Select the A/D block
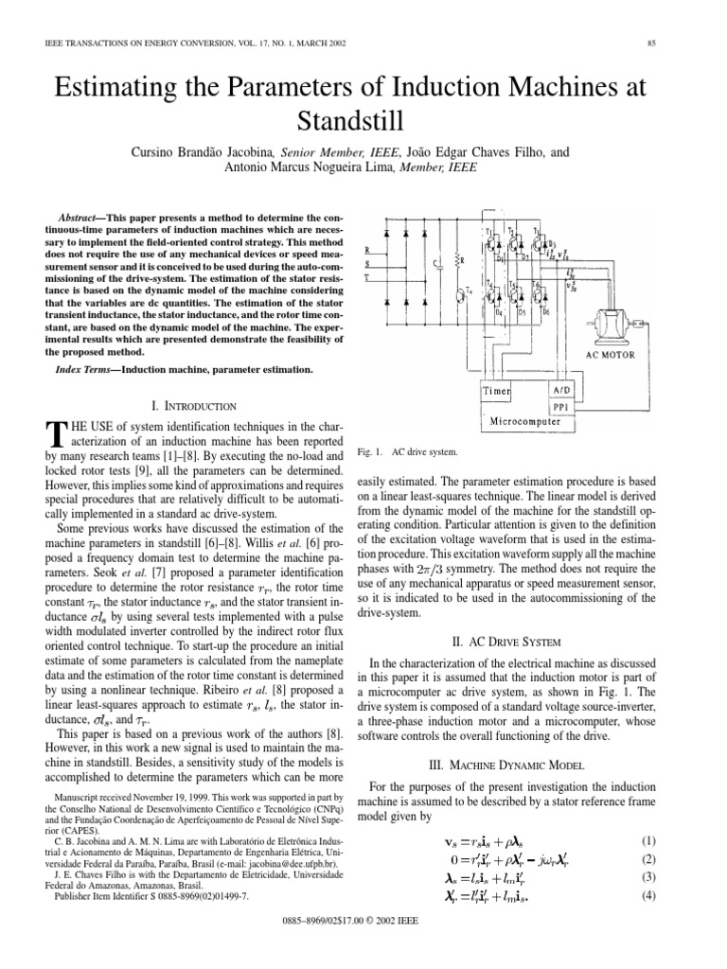click(558, 389)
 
